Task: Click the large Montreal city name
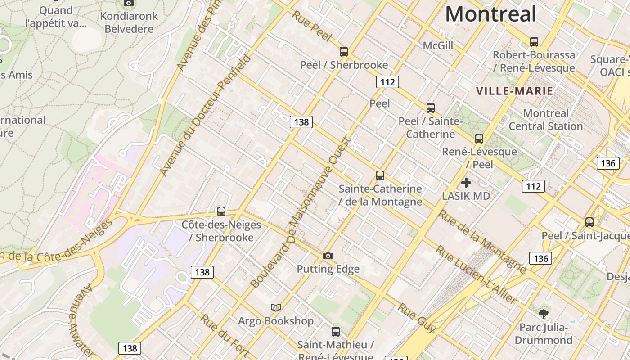(x=490, y=14)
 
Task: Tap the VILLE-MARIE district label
(x=514, y=91)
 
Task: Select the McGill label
(x=438, y=46)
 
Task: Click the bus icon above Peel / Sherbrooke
(x=344, y=52)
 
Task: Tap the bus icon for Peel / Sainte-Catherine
(x=431, y=108)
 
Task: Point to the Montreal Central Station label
(x=546, y=120)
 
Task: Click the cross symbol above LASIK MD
(x=466, y=183)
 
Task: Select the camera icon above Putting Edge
(x=328, y=256)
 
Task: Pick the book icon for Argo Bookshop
(x=276, y=307)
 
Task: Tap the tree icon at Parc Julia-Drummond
(x=544, y=313)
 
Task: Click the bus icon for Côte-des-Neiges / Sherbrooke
(x=221, y=211)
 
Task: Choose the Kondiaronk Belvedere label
(x=129, y=22)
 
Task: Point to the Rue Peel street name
(x=311, y=26)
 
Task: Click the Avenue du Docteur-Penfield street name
(x=205, y=115)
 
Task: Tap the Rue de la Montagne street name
(x=481, y=241)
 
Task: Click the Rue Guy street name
(x=417, y=318)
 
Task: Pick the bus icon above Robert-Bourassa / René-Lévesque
(x=534, y=42)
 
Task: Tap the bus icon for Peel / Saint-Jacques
(x=589, y=222)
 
